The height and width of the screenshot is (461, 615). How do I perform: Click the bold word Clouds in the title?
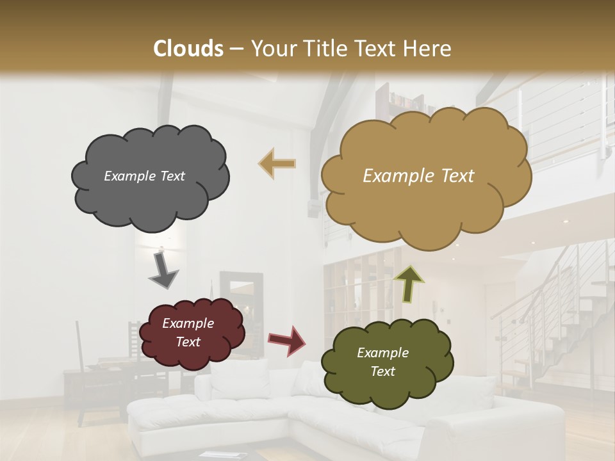click(188, 49)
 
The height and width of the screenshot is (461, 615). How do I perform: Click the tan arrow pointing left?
click(277, 164)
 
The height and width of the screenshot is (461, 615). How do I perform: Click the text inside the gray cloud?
click(144, 176)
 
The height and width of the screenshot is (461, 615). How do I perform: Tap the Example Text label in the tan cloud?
click(418, 176)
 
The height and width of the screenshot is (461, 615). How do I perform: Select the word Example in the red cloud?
click(188, 323)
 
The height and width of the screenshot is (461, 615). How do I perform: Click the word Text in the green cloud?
click(382, 371)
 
